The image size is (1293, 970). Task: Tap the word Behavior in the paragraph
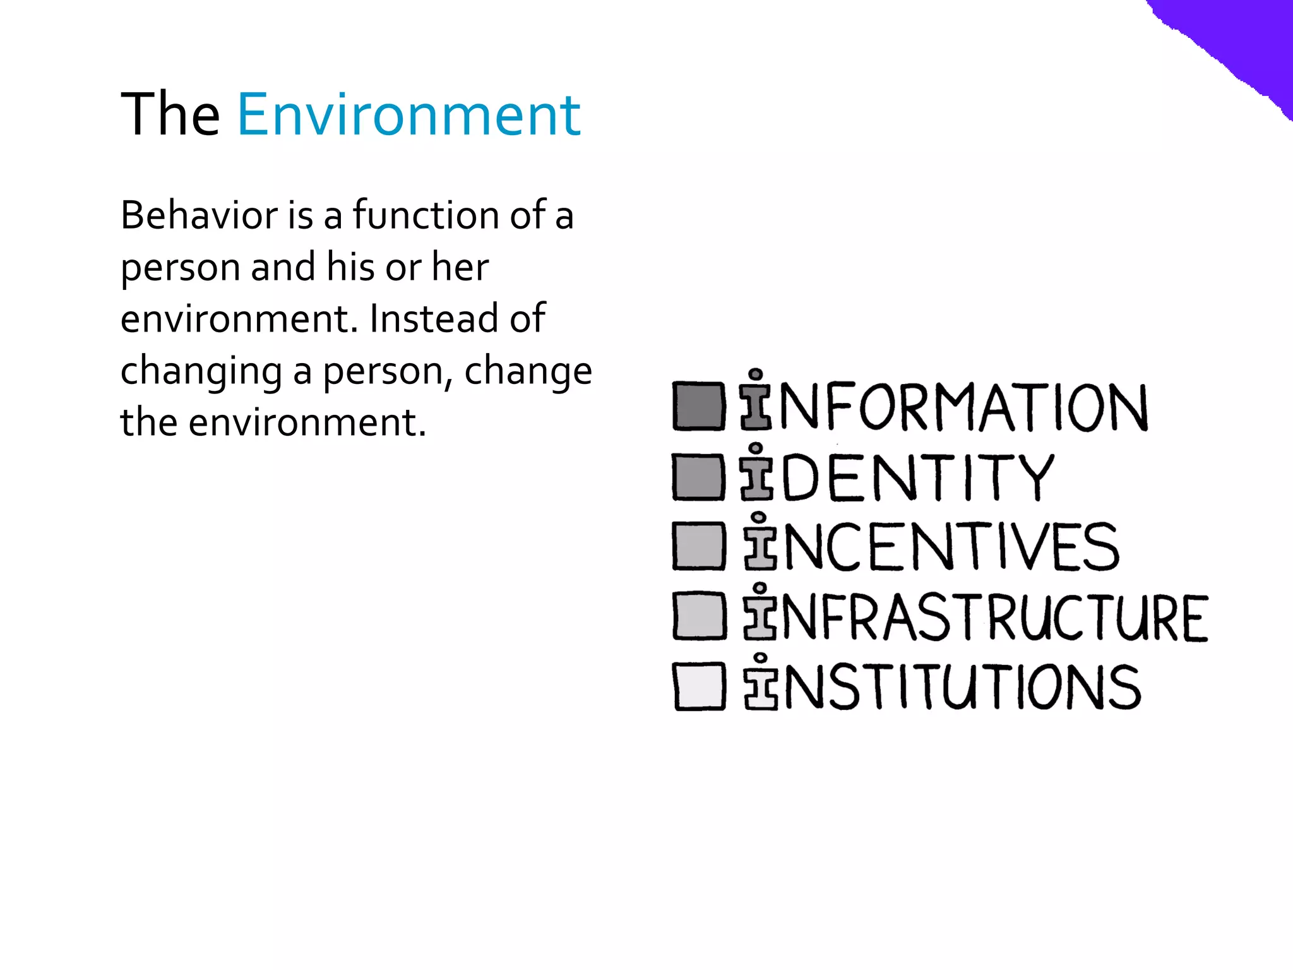(199, 215)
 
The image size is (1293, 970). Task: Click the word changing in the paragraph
(201, 371)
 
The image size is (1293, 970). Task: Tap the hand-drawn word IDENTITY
(897, 476)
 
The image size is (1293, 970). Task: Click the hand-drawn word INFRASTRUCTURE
(975, 616)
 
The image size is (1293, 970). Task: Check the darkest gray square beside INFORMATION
(698, 406)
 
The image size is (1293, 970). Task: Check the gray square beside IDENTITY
(698, 476)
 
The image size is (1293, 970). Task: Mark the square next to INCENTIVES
(698, 546)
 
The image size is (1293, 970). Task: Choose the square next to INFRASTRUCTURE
(699, 616)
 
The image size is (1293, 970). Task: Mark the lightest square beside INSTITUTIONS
(699, 686)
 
